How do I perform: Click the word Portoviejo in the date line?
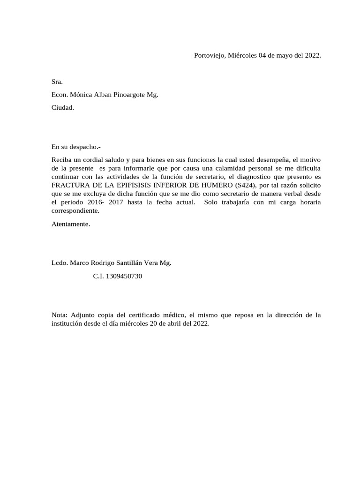click(210, 55)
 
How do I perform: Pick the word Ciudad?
click(63, 107)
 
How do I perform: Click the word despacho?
click(84, 147)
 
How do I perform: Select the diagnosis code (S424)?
click(246, 185)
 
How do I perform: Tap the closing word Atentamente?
click(71, 224)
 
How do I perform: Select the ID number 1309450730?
click(124, 277)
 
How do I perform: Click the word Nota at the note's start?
click(60, 315)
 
